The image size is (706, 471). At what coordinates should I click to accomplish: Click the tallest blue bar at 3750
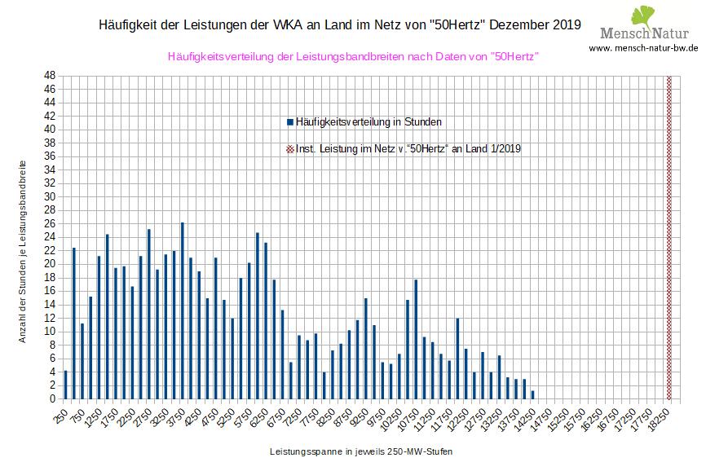[x=183, y=310]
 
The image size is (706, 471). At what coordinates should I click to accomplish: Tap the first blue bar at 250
[x=65, y=385]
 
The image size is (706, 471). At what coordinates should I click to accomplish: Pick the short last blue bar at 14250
[x=533, y=395]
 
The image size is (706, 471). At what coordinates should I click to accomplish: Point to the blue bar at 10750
[x=416, y=339]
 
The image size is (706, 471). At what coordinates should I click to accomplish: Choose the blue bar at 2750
[x=149, y=314]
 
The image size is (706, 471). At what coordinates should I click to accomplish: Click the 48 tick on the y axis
[x=51, y=75]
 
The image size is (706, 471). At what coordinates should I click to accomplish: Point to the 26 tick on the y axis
[x=51, y=223]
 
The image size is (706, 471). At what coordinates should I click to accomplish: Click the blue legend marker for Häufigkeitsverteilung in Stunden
[x=290, y=122]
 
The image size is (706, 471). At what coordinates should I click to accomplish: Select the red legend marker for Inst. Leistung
[x=290, y=149]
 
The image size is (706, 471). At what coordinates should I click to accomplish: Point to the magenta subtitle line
[x=353, y=57]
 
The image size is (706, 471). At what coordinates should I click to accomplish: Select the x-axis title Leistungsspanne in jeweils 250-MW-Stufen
[x=360, y=451]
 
